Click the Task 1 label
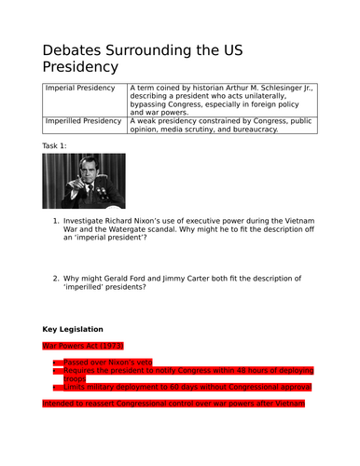click(x=56, y=147)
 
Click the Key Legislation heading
click(x=79, y=329)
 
